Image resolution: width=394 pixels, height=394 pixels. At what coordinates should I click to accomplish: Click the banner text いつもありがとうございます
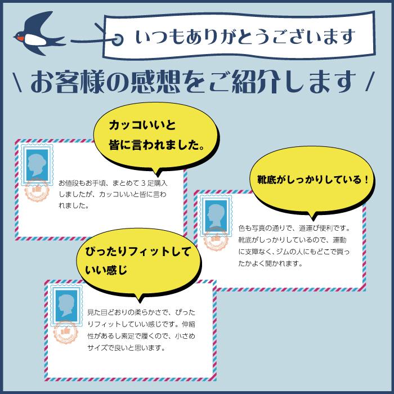[245, 37]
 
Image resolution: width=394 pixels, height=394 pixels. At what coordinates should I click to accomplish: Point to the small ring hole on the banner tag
[117, 39]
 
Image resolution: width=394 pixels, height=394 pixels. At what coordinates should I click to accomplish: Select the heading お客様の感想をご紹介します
[194, 82]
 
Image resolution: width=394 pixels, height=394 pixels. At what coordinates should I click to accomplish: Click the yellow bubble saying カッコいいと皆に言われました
[156, 136]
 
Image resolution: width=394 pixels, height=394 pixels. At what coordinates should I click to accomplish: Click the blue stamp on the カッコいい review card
[37, 164]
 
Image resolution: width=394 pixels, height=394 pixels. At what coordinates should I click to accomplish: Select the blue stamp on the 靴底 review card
[216, 216]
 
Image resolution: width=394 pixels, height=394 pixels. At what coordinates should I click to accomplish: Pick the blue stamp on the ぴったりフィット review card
[66, 306]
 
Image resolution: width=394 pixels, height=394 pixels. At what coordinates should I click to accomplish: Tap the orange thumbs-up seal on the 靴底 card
[216, 240]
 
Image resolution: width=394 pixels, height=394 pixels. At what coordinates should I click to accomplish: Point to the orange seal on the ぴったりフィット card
[66, 332]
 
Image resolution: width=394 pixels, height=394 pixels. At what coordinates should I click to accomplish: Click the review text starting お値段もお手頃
[113, 194]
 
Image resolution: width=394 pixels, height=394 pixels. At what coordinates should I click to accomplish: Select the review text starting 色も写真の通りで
[294, 246]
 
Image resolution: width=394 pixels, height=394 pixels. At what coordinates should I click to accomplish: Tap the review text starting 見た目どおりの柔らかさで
[141, 330]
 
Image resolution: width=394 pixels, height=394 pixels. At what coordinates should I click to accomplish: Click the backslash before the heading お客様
[17, 82]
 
